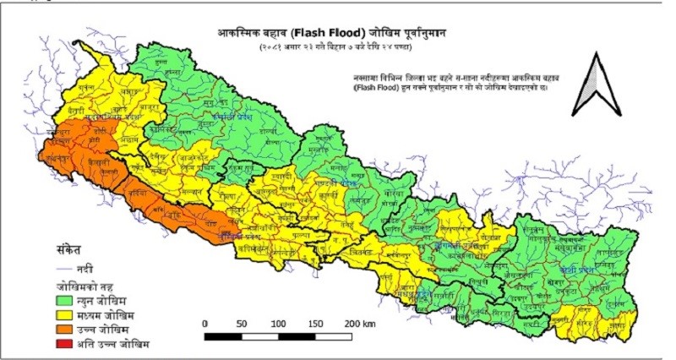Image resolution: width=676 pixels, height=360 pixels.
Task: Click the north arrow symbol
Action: [595, 84]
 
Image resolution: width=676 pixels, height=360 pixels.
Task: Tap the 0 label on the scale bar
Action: [205, 324]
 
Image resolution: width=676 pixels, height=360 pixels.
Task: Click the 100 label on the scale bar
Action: [278, 324]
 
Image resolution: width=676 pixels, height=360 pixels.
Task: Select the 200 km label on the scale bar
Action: [356, 324]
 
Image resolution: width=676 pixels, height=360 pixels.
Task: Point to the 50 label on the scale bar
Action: [242, 324]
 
